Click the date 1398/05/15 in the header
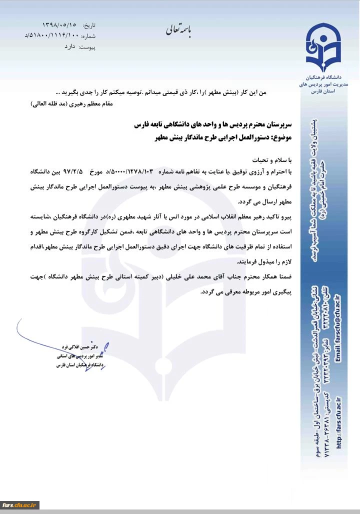59,25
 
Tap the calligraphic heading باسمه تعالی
182,30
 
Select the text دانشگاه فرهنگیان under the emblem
324,79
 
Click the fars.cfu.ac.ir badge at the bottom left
20,505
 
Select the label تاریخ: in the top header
88,25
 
